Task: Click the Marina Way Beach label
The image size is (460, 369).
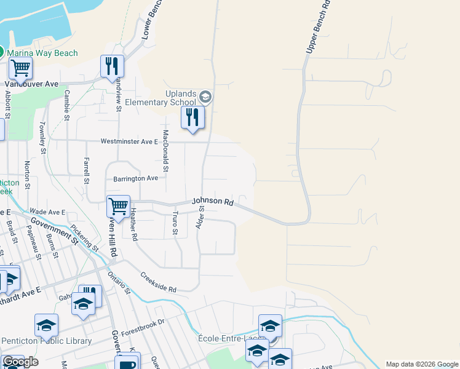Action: pyautogui.click(x=42, y=53)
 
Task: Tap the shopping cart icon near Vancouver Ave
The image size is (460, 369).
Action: pyautogui.click(x=20, y=69)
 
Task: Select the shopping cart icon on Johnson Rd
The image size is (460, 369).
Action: pyautogui.click(x=118, y=206)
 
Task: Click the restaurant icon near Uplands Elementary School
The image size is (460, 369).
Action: pyautogui.click(x=192, y=117)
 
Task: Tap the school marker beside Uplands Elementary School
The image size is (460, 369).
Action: pyautogui.click(x=205, y=97)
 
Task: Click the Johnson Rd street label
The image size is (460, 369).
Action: pyautogui.click(x=213, y=201)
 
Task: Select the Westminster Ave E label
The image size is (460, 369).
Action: pyautogui.click(x=130, y=141)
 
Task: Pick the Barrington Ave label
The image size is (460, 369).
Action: pyautogui.click(x=135, y=178)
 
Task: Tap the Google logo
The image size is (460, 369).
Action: pyautogui.click(x=20, y=362)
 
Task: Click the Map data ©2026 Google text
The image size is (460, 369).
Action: pyautogui.click(x=422, y=364)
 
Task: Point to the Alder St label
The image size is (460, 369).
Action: pyautogui.click(x=200, y=218)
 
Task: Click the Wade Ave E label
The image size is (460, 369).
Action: pyautogui.click(x=47, y=212)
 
